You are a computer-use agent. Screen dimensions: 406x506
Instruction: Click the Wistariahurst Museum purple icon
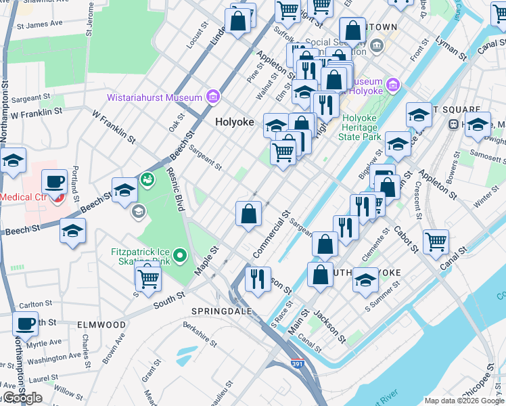[213, 97]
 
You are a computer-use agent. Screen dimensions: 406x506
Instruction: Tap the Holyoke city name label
[234, 122]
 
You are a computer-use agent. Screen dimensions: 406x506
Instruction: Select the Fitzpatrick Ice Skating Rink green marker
[179, 256]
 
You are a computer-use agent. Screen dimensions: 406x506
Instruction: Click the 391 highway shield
[297, 364]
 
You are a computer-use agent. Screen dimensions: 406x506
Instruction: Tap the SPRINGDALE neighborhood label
[221, 311]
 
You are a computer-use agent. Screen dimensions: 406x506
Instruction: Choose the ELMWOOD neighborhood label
[101, 325]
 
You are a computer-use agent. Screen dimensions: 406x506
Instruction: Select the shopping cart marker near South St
[147, 277]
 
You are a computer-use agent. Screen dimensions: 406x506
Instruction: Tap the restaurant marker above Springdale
[257, 279]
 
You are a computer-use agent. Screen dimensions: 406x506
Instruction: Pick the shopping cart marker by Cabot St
[436, 242]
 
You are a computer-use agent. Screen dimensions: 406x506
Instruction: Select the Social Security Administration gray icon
[377, 45]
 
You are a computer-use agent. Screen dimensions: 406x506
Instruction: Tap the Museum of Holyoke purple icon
[393, 86]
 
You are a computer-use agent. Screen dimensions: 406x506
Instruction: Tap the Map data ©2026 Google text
[463, 400]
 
